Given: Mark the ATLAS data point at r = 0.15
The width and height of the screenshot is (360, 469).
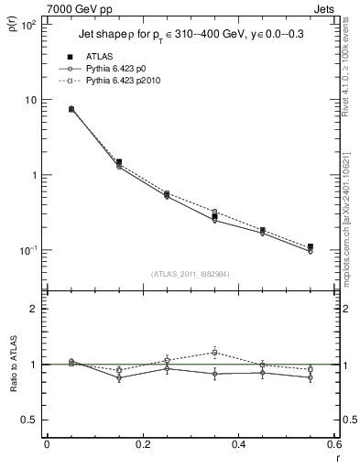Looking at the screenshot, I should coord(119,162).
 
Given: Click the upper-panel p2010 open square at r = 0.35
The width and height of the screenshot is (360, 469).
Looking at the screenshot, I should coord(214,212).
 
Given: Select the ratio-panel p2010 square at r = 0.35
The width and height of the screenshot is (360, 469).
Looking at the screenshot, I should coord(214,352).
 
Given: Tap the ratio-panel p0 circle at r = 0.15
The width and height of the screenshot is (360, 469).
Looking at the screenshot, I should coord(119,377).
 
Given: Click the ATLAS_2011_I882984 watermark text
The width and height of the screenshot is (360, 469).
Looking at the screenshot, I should coord(190,274).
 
